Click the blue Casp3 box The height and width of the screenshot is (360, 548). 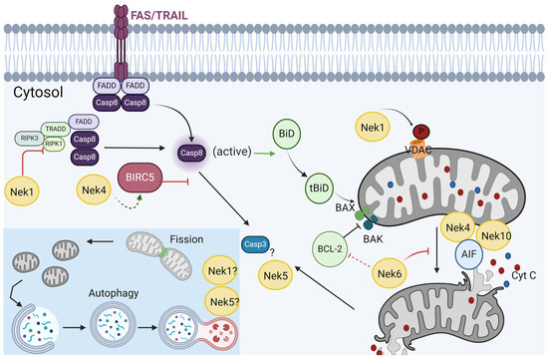tap(256, 241)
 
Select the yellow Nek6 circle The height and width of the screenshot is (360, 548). tap(394, 272)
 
